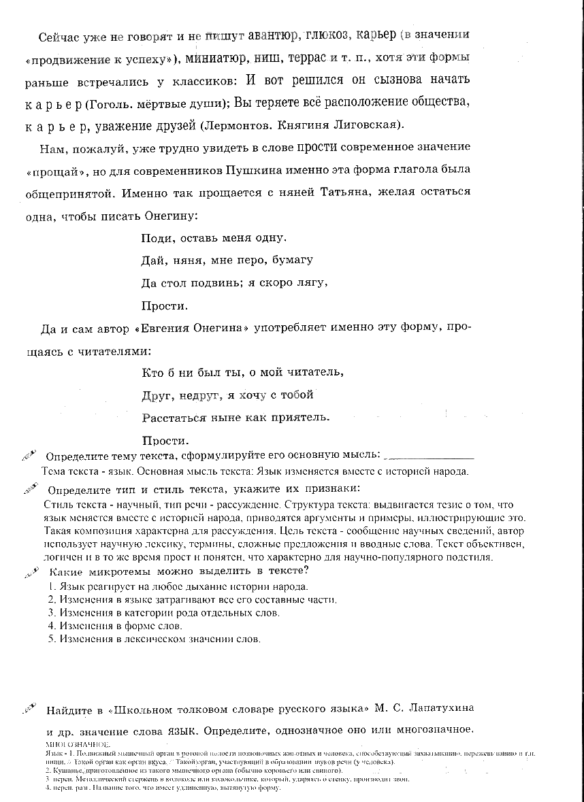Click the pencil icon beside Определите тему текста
click(x=29, y=454)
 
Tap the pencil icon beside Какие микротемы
click(x=29, y=571)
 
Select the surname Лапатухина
click(x=435, y=708)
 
